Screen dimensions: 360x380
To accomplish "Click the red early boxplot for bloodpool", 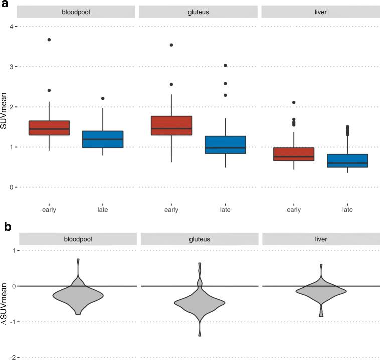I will point(49,135).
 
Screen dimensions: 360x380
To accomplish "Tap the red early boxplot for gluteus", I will point(171,132).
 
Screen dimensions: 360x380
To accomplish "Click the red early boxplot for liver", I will point(294,154).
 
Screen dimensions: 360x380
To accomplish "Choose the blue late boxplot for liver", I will point(347,160).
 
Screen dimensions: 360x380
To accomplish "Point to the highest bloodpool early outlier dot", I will point(49,40).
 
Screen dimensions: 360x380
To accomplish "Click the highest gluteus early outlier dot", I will point(171,45).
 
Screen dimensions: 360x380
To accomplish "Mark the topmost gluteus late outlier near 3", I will point(225,65).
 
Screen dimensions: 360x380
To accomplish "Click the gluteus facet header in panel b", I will point(200,239).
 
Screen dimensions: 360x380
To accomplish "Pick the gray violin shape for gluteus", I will point(200,303).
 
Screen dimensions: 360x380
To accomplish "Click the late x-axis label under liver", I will point(347,210).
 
